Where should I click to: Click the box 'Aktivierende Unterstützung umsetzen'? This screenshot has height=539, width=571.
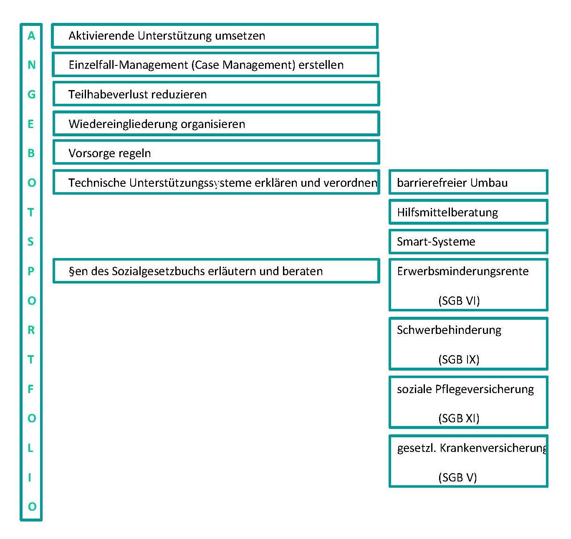tap(215, 36)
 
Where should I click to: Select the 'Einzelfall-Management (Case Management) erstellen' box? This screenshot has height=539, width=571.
tap(215, 65)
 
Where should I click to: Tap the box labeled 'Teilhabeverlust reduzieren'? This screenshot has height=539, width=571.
tap(216, 94)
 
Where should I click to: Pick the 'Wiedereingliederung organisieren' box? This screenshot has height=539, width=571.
tap(216, 124)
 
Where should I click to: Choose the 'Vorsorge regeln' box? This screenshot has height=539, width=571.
tap(216, 153)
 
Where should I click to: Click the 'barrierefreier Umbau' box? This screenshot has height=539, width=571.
tap(468, 183)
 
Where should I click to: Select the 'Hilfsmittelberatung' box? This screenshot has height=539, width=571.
tap(468, 212)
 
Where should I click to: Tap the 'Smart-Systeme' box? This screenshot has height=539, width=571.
tap(468, 242)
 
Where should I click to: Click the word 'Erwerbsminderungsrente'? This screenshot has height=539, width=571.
tap(462, 271)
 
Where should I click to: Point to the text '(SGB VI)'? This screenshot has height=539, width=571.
tap(459, 301)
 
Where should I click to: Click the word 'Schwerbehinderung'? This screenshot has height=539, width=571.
tap(449, 330)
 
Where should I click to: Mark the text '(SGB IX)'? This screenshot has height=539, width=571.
tap(459, 359)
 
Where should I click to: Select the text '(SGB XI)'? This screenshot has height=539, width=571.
tap(459, 418)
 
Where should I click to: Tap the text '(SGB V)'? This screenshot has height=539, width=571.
tap(457, 477)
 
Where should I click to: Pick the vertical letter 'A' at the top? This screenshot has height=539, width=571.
tap(31, 36)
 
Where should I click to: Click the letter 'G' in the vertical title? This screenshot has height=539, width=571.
tap(31, 94)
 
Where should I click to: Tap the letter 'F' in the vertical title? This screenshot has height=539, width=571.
tap(30, 389)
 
